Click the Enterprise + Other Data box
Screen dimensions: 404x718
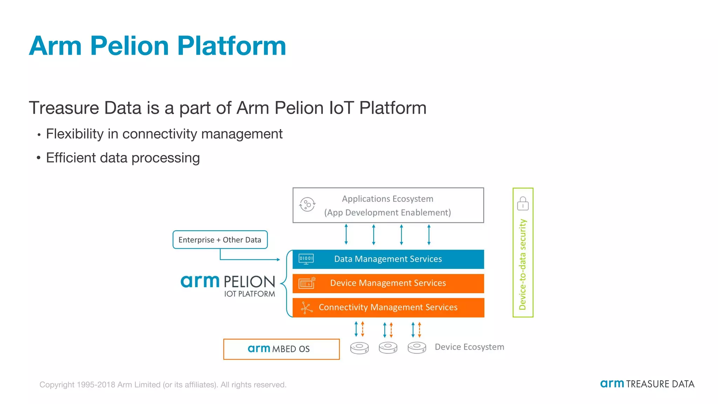(220, 240)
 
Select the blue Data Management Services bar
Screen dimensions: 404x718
(388, 259)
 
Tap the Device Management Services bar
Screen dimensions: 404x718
(388, 283)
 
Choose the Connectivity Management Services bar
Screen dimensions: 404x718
(388, 308)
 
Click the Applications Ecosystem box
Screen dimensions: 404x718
(388, 205)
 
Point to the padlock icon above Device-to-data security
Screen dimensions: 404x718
(523, 203)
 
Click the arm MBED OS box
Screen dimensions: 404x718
(281, 349)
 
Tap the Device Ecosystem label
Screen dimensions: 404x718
(469, 347)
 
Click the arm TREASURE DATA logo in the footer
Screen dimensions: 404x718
(647, 384)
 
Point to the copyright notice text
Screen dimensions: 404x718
(163, 385)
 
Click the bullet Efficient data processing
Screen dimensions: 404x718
(123, 158)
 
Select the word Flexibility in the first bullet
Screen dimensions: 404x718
(75, 134)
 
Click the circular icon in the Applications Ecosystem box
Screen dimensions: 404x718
(307, 204)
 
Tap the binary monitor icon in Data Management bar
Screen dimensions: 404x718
(306, 259)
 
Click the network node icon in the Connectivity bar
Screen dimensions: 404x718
(306, 308)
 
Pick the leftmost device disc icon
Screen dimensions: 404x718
(359, 348)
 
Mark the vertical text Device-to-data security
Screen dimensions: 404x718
(522, 265)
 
